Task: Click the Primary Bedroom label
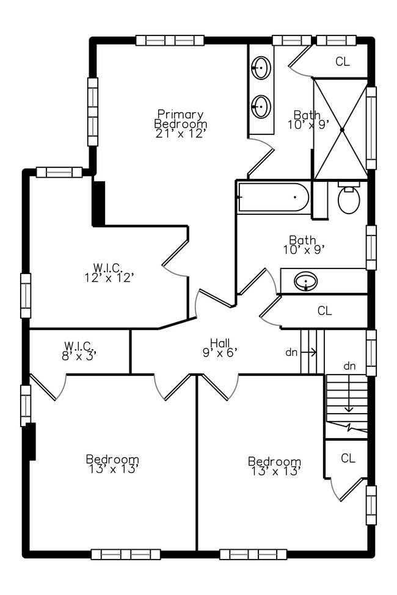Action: point(180,124)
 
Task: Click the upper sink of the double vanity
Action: point(261,67)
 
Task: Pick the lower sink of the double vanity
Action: point(261,107)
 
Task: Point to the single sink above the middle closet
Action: point(305,281)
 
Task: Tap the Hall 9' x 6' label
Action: point(220,347)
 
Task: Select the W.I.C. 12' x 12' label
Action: point(109,272)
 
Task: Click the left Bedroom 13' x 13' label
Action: point(112,464)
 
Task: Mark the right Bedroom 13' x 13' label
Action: point(274,466)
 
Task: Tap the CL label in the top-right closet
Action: point(343,62)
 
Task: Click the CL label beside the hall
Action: point(324,311)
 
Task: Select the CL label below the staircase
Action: point(348,458)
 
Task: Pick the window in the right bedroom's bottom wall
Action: point(249,554)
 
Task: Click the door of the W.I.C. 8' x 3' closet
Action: point(48,389)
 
